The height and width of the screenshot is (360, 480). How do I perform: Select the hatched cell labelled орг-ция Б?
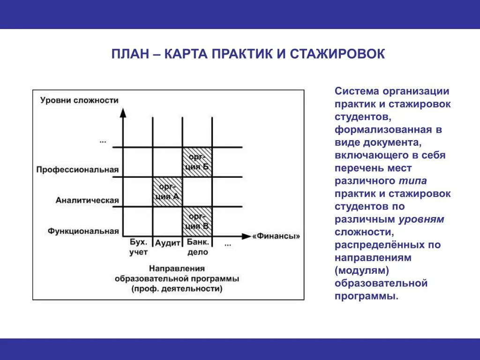pyautogui.click(x=197, y=162)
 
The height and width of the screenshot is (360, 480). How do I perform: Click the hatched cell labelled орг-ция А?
pyautogui.click(x=167, y=191)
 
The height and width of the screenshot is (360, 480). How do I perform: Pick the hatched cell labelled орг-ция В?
pyautogui.click(x=197, y=221)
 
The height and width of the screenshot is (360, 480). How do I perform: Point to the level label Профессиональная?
pyautogui.click(x=77, y=170)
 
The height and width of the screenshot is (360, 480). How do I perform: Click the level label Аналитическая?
pyautogui.click(x=87, y=200)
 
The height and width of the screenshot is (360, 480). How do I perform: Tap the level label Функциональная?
pyautogui.click(x=83, y=231)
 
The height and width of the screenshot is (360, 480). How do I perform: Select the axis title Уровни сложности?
pyautogui.click(x=79, y=100)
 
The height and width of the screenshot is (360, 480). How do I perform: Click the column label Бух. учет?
pyautogui.click(x=138, y=247)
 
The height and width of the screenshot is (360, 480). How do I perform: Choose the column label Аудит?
pyautogui.click(x=168, y=243)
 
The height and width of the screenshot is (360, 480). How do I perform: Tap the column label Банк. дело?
pyautogui.click(x=197, y=247)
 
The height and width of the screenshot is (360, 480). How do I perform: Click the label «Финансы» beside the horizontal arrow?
pyautogui.click(x=276, y=236)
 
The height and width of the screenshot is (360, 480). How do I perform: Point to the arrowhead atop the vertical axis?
pyautogui.click(x=123, y=112)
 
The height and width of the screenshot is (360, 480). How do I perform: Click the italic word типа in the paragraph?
pyautogui.click(x=413, y=181)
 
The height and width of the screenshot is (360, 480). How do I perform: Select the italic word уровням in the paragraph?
pyautogui.click(x=421, y=219)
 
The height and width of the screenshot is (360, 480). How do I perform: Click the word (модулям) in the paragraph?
pyautogui.click(x=362, y=270)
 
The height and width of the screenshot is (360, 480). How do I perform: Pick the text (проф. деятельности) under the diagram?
pyautogui.click(x=177, y=289)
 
